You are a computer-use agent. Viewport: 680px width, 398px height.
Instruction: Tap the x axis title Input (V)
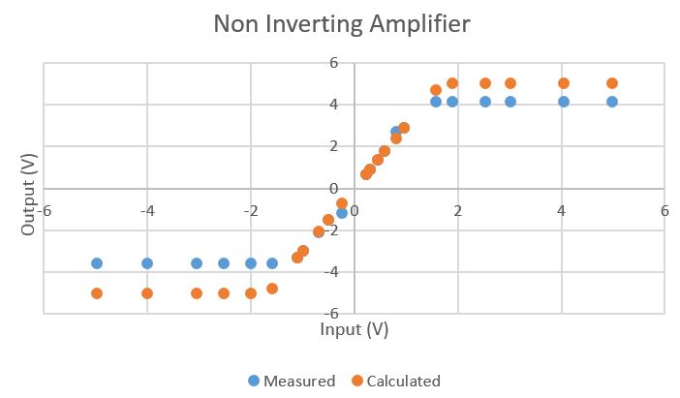tap(354, 329)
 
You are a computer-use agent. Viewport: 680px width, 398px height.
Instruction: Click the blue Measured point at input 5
tap(612, 102)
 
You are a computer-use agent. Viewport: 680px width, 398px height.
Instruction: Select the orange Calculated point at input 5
tap(612, 83)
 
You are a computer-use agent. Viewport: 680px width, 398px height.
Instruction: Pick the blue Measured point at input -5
tap(97, 263)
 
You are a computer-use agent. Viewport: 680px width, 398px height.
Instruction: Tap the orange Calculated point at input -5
tap(97, 293)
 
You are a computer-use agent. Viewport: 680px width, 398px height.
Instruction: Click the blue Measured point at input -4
tap(147, 263)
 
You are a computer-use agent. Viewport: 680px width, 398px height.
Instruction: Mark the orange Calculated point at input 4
tap(564, 83)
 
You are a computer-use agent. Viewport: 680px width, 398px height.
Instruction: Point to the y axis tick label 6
tap(333, 63)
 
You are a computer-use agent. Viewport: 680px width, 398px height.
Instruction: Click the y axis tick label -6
tap(330, 314)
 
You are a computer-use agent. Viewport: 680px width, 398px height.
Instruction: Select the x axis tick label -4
tap(146, 210)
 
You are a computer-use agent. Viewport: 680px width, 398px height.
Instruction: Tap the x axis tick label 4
tap(562, 210)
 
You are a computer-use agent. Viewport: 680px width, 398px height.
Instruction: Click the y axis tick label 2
tap(333, 146)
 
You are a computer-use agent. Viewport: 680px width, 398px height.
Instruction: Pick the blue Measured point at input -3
tap(197, 263)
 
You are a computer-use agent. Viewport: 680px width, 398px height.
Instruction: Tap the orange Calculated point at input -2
tap(251, 293)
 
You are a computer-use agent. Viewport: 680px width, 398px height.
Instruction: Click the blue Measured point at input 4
tap(564, 102)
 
